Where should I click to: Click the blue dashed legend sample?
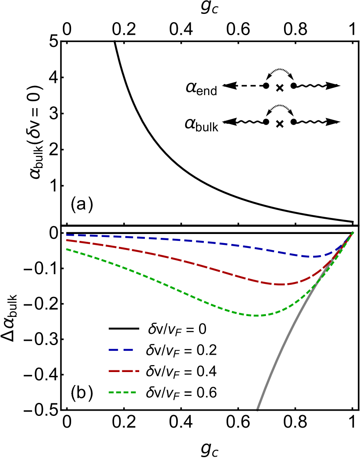point(121,350)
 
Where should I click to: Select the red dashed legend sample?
point(124,371)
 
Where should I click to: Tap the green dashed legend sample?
point(122,392)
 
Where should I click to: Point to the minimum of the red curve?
point(280,284)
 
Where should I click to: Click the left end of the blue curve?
point(66,235)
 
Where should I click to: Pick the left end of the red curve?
point(66,240)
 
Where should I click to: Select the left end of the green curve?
point(66,249)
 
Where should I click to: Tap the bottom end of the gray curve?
point(258,409)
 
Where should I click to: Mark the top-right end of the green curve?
point(353,232)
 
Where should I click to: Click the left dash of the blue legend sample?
point(114,350)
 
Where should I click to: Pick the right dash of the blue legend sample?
point(128,350)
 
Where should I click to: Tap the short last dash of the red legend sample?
point(137,371)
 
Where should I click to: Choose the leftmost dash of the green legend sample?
point(111,392)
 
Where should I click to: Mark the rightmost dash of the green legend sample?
point(133,392)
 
